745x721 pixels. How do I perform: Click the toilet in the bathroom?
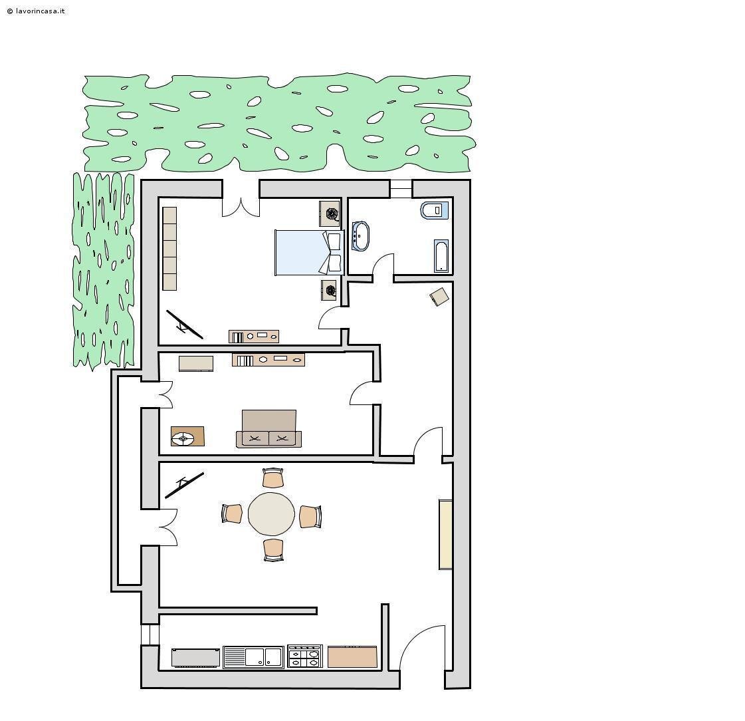434,210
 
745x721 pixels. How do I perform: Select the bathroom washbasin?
360,236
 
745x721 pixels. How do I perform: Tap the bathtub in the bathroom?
441,256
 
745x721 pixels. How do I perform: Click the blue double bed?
309,253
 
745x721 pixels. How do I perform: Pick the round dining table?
271,514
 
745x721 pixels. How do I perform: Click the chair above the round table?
273,478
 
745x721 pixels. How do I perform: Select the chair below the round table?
274,550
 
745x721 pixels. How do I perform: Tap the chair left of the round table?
232,513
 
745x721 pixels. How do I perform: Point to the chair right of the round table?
310,517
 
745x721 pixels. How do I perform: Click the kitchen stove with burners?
305,656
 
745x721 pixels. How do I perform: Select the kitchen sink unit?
254,656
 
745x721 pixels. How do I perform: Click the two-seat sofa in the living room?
269,429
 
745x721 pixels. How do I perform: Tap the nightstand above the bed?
329,214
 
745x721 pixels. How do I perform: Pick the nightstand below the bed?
329,290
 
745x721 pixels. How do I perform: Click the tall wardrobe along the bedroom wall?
169,248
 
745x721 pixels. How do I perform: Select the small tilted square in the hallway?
439,297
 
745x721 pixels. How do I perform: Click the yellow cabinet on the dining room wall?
445,534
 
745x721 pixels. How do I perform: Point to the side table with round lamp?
187,436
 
